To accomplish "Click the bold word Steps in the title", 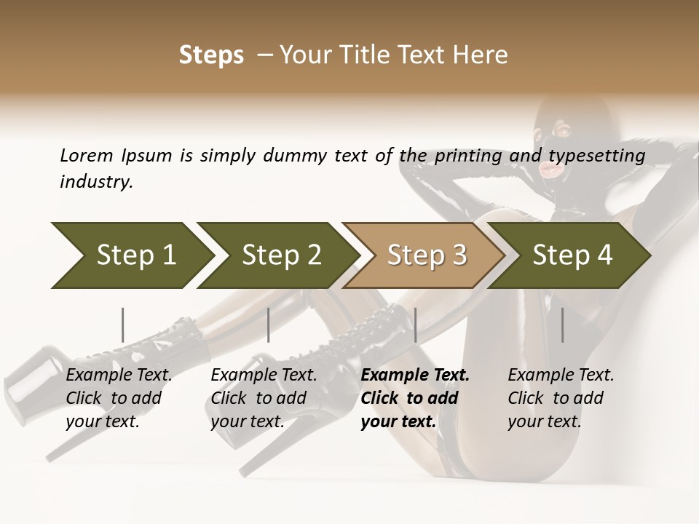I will tap(211, 55).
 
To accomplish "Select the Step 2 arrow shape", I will tap(277, 255).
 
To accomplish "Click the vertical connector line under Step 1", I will tap(122, 325).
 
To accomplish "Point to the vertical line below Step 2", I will tap(269, 325).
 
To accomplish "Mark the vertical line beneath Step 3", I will tap(415, 325).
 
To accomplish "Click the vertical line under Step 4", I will tap(562, 325).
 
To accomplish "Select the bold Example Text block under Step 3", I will tap(415, 398).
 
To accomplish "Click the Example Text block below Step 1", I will tap(119, 398).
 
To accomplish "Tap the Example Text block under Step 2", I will tap(264, 398).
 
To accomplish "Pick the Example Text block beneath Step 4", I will tap(561, 398).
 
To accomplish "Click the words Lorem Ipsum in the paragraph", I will tap(116, 156).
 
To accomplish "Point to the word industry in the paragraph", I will tap(95, 182).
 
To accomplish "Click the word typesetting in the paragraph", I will tap(596, 156).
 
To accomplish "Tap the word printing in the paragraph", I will tap(469, 156).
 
